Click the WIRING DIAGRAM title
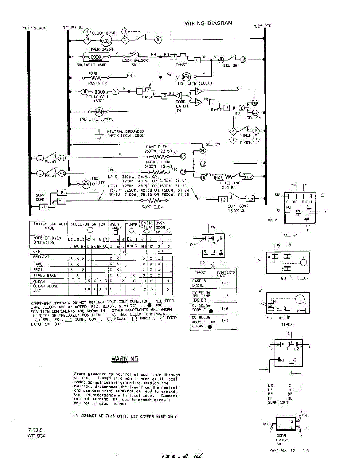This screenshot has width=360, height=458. pyautogui.click(x=209, y=23)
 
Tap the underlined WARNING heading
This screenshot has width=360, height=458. pyautogui.click(x=125, y=358)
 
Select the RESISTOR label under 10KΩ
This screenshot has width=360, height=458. pyautogui.click(x=98, y=82)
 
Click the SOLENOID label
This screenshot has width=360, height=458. pyautogui.click(x=92, y=65)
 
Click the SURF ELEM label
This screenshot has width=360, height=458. pyautogui.click(x=152, y=206)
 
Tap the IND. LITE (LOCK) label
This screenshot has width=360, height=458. pyautogui.click(x=194, y=83)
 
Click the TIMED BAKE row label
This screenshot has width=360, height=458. pyautogui.click(x=45, y=275)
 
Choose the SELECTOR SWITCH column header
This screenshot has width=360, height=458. pyautogui.click(x=88, y=224)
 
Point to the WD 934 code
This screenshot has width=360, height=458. pyautogui.click(x=37, y=435)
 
